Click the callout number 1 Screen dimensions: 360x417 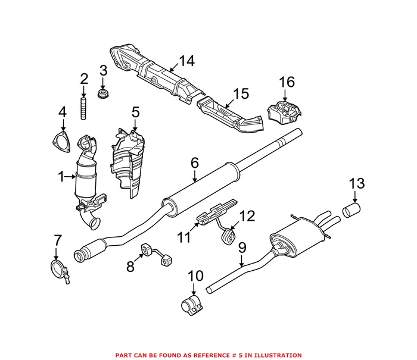point(61,176)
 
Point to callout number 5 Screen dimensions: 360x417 point(135,111)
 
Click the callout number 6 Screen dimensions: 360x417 point(194,162)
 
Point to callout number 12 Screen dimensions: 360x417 point(247,216)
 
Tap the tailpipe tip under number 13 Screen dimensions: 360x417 point(352,210)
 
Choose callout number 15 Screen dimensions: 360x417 point(240,94)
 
